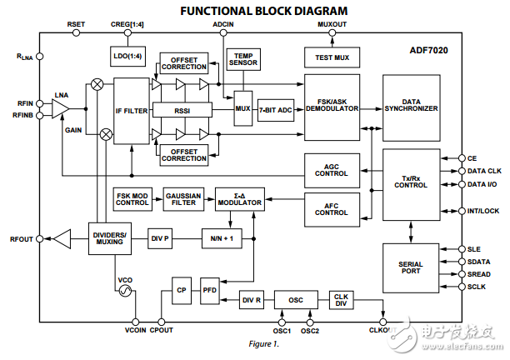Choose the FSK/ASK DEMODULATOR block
point(336,107)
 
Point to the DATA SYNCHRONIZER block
point(411,107)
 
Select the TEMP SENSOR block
point(243,57)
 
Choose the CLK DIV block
point(341,298)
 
